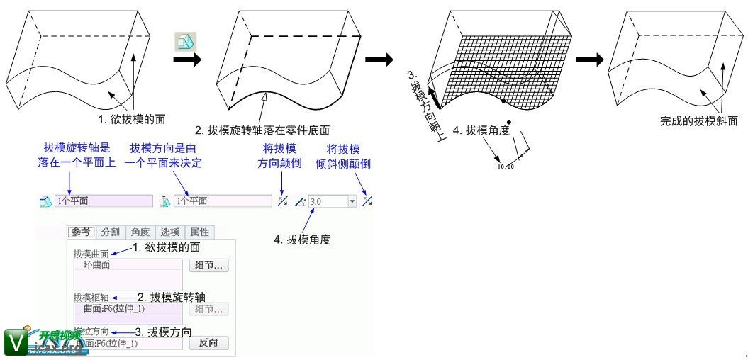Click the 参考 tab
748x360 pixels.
[82, 232]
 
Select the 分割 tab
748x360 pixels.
[110, 232]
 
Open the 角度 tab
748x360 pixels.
[140, 232]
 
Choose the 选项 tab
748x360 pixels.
[169, 232]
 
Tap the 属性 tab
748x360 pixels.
[199, 232]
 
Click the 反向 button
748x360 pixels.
[208, 343]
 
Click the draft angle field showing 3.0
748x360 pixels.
[326, 201]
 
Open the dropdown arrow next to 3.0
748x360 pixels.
[352, 201]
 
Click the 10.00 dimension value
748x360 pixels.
[506, 167]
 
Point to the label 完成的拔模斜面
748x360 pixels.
[698, 121]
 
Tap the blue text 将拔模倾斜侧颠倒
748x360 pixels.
[343, 156]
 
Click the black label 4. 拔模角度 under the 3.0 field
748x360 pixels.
[302, 240]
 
